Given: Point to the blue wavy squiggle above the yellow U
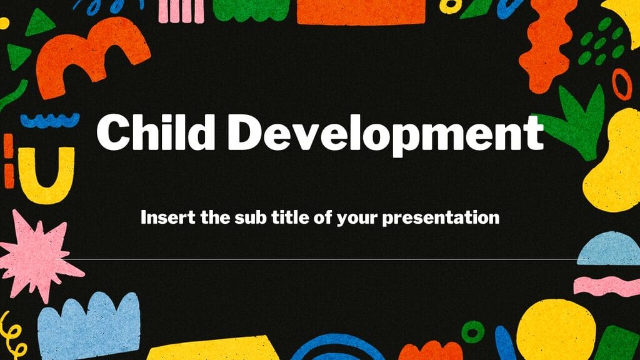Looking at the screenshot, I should pos(49,119).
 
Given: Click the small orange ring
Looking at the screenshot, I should pos(621,84).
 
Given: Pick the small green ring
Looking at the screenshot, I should pos(472,331).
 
